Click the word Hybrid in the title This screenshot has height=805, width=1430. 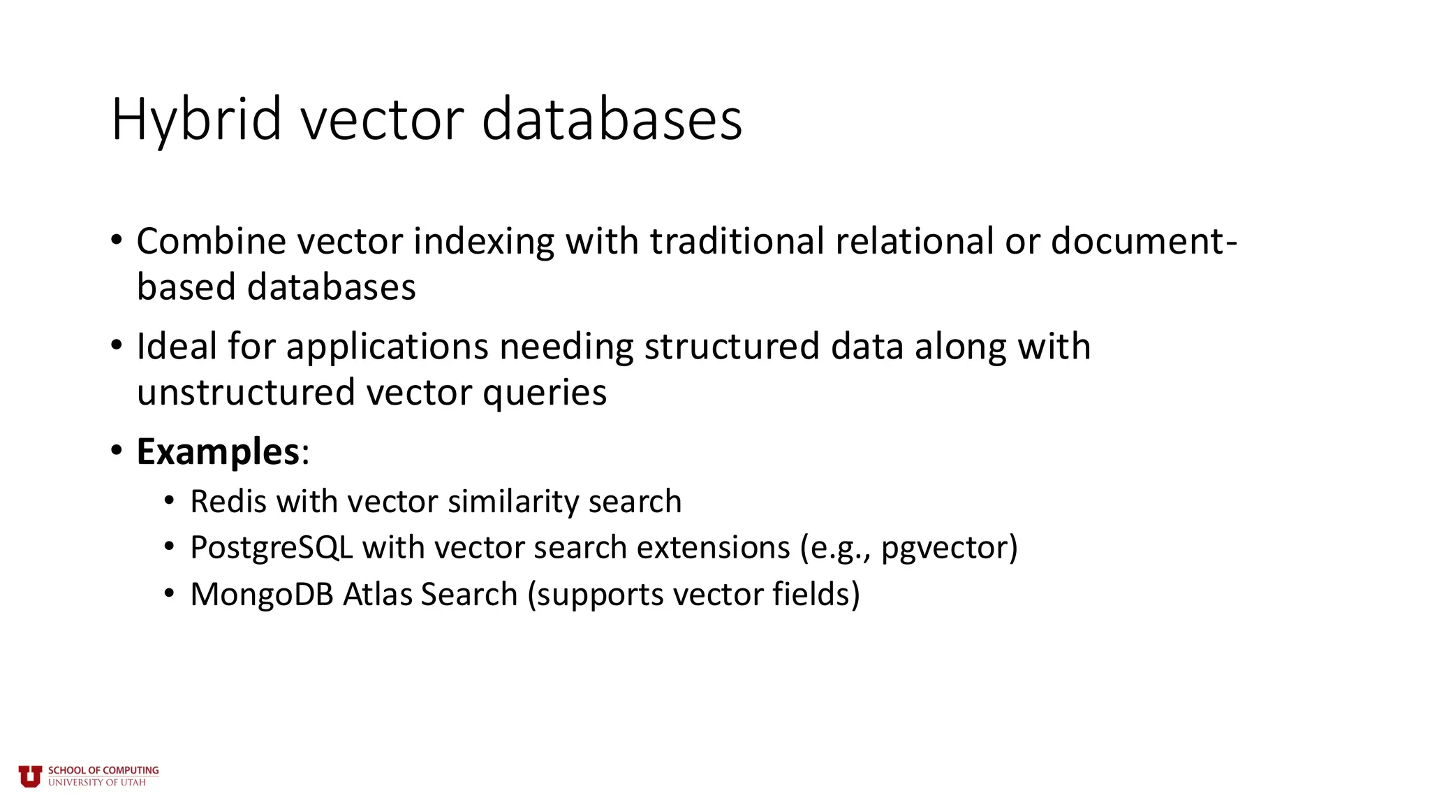click(x=196, y=120)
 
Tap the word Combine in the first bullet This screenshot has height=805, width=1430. click(x=212, y=241)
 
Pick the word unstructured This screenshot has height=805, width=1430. click(x=246, y=392)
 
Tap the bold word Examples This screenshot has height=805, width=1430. click(x=218, y=451)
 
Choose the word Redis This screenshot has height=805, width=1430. click(x=228, y=502)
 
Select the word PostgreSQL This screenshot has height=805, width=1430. click(x=271, y=548)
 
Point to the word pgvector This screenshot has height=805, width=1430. click(x=944, y=548)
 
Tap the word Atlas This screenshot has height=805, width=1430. click(x=377, y=595)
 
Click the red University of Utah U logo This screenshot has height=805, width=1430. click(x=30, y=776)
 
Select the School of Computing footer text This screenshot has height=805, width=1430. click(x=103, y=771)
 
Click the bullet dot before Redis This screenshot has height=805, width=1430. click(x=169, y=502)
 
